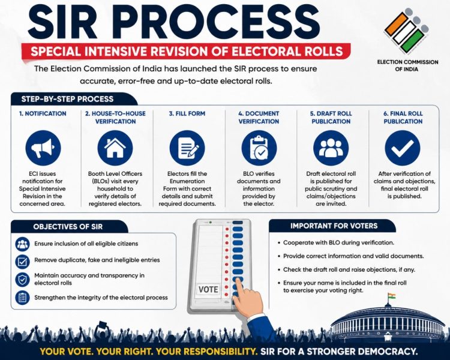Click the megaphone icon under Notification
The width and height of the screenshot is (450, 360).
[x=43, y=148]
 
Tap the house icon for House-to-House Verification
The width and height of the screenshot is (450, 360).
[x=115, y=148]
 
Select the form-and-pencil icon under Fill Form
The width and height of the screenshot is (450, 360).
[x=187, y=148]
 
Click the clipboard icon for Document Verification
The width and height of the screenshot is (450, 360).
[x=259, y=148]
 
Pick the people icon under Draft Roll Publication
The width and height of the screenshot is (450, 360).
[x=331, y=148]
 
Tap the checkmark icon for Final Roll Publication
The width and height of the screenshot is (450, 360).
[x=403, y=148]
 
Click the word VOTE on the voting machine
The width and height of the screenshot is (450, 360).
[x=208, y=289]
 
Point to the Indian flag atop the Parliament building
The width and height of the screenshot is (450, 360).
[x=391, y=296]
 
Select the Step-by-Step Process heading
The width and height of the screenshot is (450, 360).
[x=67, y=99]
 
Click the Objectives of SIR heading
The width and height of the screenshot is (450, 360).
[x=68, y=227]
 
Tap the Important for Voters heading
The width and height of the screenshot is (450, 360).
[x=334, y=226]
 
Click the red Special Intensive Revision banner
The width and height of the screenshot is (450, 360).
[x=187, y=52]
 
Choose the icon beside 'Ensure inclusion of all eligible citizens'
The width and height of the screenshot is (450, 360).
[x=22, y=244]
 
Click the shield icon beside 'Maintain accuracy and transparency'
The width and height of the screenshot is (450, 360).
[x=22, y=280]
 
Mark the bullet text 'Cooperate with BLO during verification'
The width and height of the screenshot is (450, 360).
[x=338, y=242]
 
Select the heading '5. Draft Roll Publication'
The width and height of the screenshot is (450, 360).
[x=331, y=118]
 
